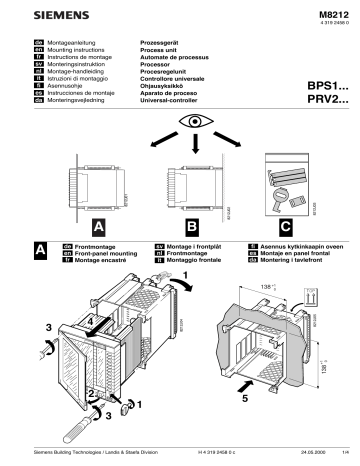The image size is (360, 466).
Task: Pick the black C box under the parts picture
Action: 286,227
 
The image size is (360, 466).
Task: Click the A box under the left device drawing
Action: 98,227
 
